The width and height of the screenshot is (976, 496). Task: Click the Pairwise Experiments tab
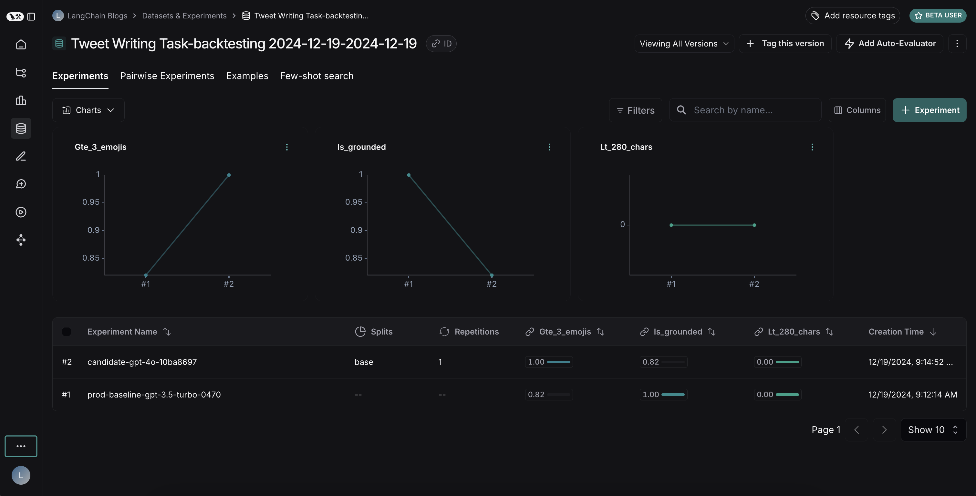[x=167, y=76]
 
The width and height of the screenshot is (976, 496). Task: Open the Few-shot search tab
[x=317, y=76]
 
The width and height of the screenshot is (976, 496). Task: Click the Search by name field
[x=744, y=110]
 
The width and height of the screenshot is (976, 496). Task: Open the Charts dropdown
[x=88, y=110]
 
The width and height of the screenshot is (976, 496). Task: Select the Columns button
[x=857, y=110]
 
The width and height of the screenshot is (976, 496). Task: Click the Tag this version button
[x=785, y=44]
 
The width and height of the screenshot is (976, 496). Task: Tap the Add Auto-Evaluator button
[x=890, y=44]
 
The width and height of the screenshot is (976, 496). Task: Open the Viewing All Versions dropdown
[x=684, y=44]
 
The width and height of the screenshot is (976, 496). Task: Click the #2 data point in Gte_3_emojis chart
[x=229, y=175]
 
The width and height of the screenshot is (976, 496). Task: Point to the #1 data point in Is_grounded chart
[x=409, y=175]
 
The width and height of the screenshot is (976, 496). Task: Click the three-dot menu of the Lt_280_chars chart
[x=812, y=147]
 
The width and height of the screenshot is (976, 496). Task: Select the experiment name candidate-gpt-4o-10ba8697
[x=142, y=362]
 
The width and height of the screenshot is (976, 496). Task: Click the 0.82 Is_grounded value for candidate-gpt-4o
[x=650, y=362]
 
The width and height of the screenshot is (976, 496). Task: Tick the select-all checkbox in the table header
[x=66, y=332]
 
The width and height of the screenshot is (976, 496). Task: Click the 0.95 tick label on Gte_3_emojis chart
[x=91, y=202]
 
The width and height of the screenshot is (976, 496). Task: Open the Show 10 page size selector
[x=933, y=430]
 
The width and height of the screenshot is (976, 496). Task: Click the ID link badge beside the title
[x=441, y=44]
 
